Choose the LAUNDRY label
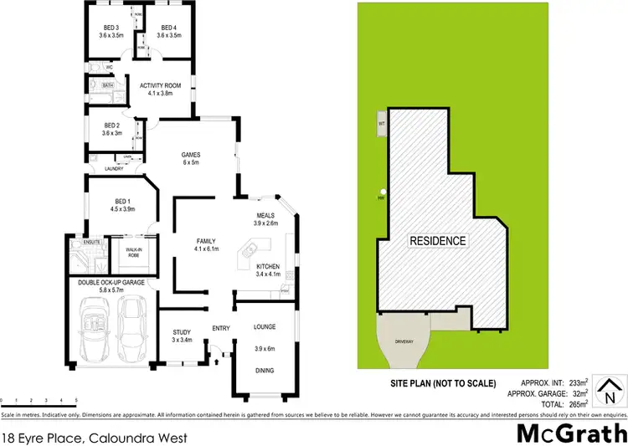tap(115, 169)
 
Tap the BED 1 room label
tap(123, 201)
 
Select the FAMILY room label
tap(205, 240)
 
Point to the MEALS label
tap(267, 216)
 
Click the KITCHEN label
tap(268, 266)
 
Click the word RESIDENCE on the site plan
tap(437, 241)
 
